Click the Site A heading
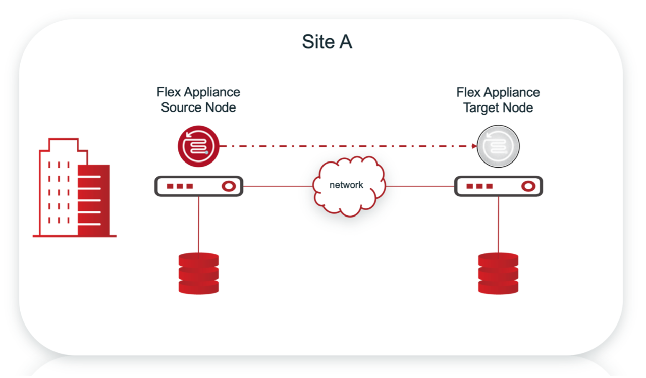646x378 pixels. (327, 42)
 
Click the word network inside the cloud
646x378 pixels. (346, 185)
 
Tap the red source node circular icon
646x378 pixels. (198, 146)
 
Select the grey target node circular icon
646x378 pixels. (498, 146)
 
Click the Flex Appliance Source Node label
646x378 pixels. (198, 100)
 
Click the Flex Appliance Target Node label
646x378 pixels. (498, 100)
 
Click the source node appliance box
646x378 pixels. (198, 186)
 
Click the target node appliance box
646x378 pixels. (499, 186)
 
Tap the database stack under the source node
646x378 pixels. (198, 273)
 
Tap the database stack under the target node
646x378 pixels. (499, 273)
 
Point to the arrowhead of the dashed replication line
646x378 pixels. (474, 146)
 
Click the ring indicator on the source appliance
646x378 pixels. (228, 186)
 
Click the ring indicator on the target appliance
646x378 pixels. (528, 186)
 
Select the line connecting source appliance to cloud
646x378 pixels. (278, 186)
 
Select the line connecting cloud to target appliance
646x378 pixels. (420, 186)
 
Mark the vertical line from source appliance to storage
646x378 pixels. (198, 225)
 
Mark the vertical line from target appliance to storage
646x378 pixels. (499, 225)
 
